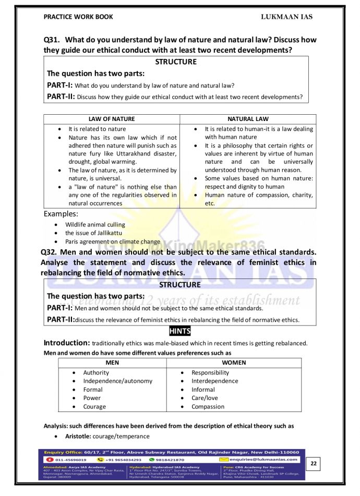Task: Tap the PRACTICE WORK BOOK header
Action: click(x=78, y=17)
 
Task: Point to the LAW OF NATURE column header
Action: click(x=112, y=119)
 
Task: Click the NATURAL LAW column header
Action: click(x=248, y=119)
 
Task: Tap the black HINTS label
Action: click(x=180, y=331)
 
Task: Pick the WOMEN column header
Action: click(x=234, y=362)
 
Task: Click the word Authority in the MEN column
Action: click(x=96, y=372)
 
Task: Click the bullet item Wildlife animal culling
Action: click(x=95, y=225)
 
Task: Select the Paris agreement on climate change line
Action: click(x=112, y=241)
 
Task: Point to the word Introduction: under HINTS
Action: click(x=67, y=343)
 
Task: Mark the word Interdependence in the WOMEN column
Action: click(x=214, y=381)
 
